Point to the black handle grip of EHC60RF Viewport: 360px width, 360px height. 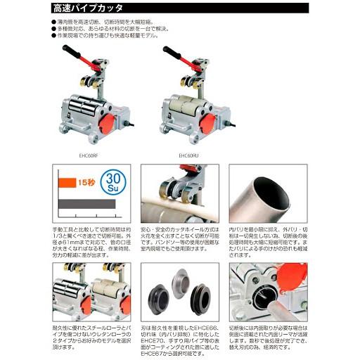click(x=69, y=51)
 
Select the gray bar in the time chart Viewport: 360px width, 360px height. click(x=86, y=203)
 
